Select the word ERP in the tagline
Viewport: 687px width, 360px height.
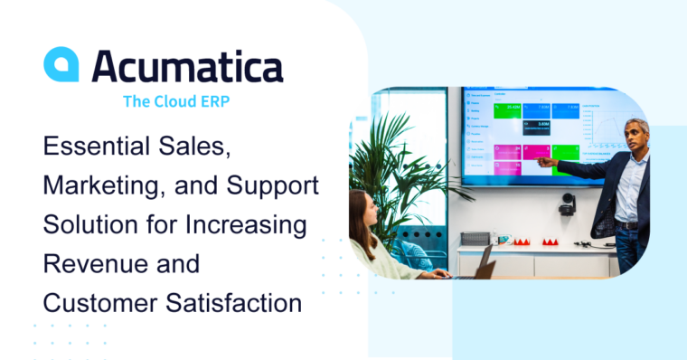(210, 101)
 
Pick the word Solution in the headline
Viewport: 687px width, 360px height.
(87, 223)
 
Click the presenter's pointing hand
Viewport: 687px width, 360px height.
(545, 162)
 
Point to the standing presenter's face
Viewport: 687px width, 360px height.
(636, 136)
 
